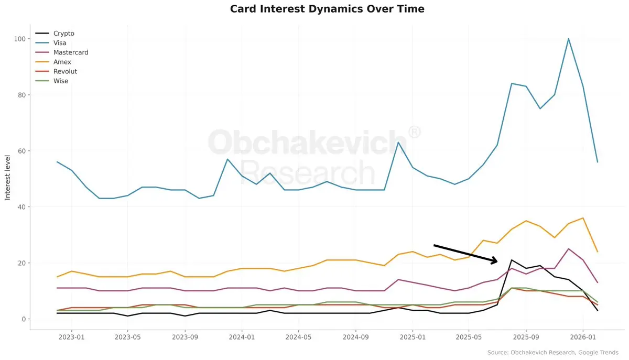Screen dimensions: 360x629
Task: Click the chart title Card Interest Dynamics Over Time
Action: coord(327,9)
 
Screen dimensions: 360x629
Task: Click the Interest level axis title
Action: coord(8,177)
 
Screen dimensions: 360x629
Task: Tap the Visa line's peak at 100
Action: coord(569,39)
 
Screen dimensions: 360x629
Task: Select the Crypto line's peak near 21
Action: coord(512,260)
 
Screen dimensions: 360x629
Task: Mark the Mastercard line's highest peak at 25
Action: coord(569,249)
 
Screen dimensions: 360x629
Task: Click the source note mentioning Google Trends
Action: coord(552,353)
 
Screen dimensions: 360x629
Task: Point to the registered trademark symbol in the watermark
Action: coord(414,132)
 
